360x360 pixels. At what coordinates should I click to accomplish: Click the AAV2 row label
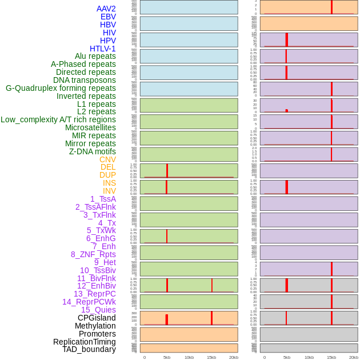point(106,9)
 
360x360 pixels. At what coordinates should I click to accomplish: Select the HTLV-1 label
point(102,49)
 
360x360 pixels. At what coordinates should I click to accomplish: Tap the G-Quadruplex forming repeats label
point(61,88)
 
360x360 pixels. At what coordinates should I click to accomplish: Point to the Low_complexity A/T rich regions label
point(58,119)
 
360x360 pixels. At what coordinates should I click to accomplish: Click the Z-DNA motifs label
point(92,151)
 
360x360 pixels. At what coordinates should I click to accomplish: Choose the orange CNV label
point(107,159)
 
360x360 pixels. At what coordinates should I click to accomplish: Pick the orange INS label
point(109,183)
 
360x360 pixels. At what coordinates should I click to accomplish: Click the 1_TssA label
point(103,199)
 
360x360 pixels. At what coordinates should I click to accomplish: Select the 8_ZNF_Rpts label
point(93,254)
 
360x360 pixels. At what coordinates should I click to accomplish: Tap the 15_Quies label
point(98,310)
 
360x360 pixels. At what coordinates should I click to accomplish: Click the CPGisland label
point(97,318)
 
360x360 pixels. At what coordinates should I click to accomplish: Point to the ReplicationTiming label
point(85,342)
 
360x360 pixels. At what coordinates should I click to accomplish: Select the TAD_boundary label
point(89,349)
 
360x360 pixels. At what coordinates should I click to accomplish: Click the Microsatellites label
point(90,127)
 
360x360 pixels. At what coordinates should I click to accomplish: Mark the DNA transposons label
point(85,80)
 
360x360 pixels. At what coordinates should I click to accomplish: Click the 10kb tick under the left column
point(189,357)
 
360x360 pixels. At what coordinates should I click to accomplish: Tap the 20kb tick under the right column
point(354,357)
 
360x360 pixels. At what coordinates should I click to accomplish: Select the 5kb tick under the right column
point(287,357)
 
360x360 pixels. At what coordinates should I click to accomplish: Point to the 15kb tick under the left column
point(211,357)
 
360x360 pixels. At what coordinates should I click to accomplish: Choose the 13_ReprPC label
point(94,294)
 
